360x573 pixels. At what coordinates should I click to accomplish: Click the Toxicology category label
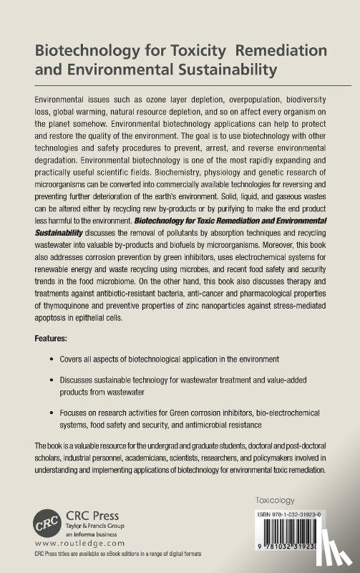pos(276,499)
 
